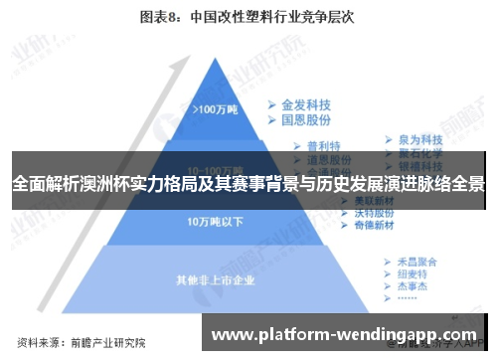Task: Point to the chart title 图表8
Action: click(x=159, y=16)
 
